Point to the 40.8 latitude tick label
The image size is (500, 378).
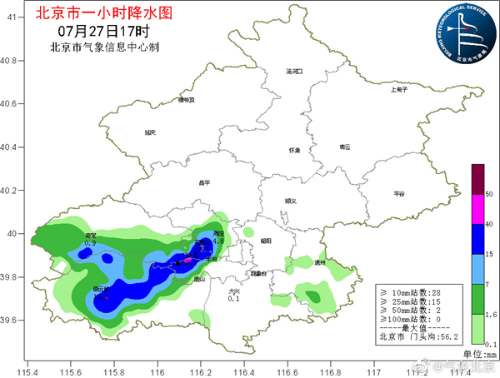pyautogui.click(x=10, y=61)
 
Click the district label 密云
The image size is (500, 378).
pyautogui.click(x=345, y=147)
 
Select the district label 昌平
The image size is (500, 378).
pyautogui.click(x=205, y=182)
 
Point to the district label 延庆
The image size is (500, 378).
pyautogui.click(x=150, y=132)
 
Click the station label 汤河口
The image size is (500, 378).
pyautogui.click(x=293, y=72)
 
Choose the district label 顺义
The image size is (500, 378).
pyautogui.click(x=290, y=201)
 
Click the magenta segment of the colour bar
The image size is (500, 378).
pyautogui.click(x=477, y=208)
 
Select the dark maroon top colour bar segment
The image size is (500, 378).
pyautogui.click(x=477, y=179)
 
